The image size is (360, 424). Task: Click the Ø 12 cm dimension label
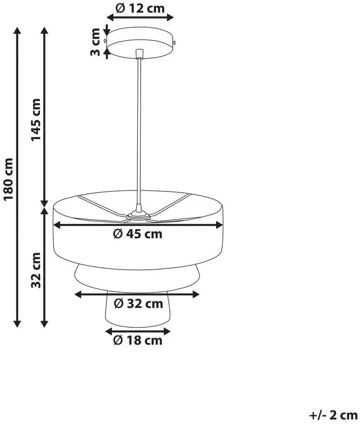(140, 8)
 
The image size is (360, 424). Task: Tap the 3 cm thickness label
(95, 42)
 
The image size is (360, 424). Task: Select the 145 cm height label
(36, 120)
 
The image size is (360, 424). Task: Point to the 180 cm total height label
(8, 179)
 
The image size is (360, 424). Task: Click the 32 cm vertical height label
(36, 270)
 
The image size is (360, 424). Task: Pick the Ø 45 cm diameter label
(138, 234)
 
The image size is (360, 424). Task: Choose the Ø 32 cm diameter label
(138, 304)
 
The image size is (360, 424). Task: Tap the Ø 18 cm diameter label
(138, 340)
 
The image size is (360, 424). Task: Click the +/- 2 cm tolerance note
(333, 415)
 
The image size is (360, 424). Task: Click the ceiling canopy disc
(140, 43)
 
